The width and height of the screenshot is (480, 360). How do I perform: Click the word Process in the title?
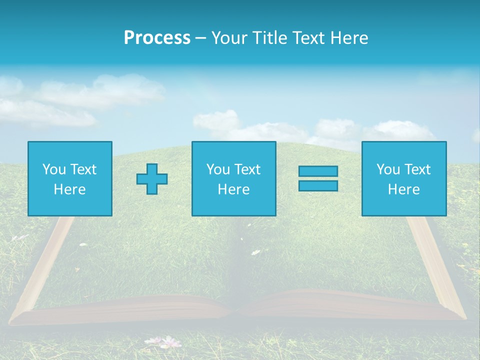pyautogui.click(x=157, y=38)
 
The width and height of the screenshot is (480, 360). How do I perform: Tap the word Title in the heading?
pyautogui.click(x=269, y=38)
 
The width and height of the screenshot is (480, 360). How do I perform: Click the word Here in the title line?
pyautogui.click(x=348, y=38)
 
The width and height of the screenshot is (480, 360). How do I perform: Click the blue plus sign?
pyautogui.click(x=152, y=178)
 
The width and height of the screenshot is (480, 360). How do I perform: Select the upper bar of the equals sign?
pyautogui.click(x=318, y=171)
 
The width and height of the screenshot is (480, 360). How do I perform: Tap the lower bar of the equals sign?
pyautogui.click(x=318, y=185)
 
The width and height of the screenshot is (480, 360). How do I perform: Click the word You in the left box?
pyautogui.click(x=54, y=169)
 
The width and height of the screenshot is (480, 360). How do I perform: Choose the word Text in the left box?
pyautogui.click(x=83, y=169)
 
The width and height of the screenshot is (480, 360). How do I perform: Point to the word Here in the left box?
pyautogui.click(x=69, y=189)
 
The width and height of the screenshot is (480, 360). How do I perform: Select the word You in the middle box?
pyautogui.click(x=218, y=169)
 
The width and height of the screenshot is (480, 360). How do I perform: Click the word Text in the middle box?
pyautogui.click(x=247, y=169)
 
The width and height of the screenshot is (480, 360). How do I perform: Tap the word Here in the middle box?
pyautogui.click(x=233, y=189)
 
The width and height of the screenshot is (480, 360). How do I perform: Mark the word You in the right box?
pyautogui.click(x=388, y=169)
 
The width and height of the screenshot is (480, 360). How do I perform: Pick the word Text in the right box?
pyautogui.click(x=417, y=169)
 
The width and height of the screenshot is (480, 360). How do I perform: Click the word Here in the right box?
pyautogui.click(x=403, y=189)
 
